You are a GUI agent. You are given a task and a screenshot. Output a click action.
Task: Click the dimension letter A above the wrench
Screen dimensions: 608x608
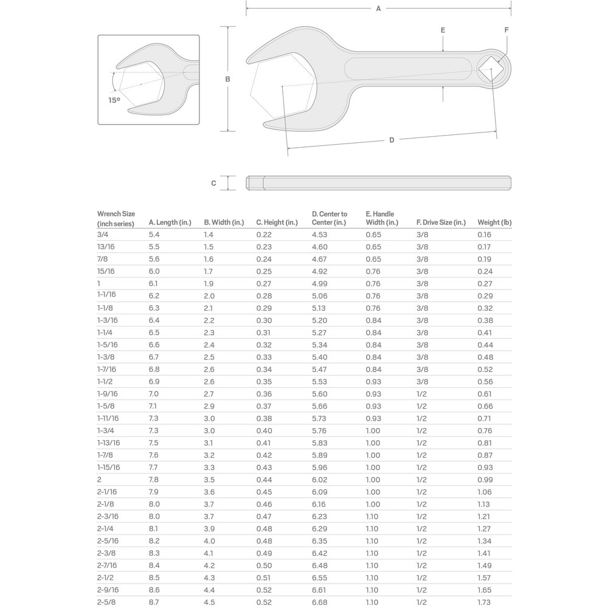coord(378,9)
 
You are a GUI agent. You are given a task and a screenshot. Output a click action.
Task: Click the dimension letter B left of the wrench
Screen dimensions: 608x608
coord(227,79)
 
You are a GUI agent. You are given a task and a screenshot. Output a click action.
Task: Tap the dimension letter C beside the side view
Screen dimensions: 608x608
coord(213,183)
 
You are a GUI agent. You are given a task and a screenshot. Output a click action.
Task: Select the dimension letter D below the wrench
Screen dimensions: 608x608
coord(392,140)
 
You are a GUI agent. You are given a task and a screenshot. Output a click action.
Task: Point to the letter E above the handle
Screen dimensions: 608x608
coord(443,30)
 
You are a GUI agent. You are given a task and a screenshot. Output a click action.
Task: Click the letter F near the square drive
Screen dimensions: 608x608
coord(506,30)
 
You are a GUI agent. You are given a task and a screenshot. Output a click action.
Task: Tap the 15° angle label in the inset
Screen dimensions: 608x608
coord(114,100)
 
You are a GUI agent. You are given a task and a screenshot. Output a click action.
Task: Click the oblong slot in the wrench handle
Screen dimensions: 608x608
coord(406,69)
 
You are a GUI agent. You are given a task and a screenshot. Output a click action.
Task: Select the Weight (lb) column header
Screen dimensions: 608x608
coord(494,223)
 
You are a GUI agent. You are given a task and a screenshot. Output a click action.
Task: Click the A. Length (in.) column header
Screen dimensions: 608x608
coord(170,223)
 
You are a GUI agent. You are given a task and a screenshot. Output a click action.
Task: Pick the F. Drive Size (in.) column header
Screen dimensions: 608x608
coord(441,223)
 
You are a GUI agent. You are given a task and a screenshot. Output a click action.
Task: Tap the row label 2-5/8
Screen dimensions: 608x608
coord(106,602)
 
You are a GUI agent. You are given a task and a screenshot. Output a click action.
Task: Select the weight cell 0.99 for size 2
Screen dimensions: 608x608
coord(485,480)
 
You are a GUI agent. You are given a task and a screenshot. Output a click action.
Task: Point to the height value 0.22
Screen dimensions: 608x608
coord(264,235)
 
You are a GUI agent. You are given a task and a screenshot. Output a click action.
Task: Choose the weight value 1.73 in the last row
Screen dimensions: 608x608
coord(485,602)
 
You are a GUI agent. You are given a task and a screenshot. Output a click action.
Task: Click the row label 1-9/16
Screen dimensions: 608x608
coord(108,394)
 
